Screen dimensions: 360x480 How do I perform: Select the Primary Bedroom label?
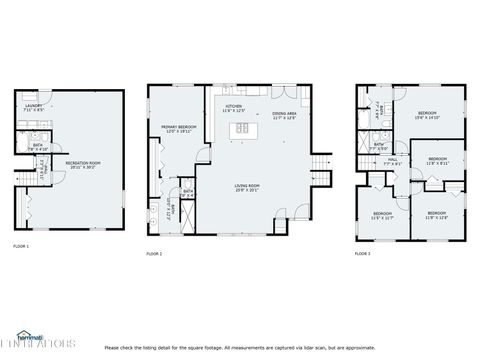coord(177,129)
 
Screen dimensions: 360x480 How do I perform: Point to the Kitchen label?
coord(234,106)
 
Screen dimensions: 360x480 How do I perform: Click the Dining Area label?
coord(285,115)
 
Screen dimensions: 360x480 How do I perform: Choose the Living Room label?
coord(246,187)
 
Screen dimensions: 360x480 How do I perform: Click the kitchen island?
coord(240,129)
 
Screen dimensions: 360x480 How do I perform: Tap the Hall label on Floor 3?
coord(393,161)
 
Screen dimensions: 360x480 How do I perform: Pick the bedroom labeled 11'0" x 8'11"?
coord(438,161)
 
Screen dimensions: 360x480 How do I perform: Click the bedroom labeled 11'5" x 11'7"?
coord(383,215)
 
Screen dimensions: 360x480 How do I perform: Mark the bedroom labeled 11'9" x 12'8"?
coord(437,215)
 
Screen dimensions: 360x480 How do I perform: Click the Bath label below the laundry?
coord(36,147)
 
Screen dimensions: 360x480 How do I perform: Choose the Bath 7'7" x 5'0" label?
coord(380,147)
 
